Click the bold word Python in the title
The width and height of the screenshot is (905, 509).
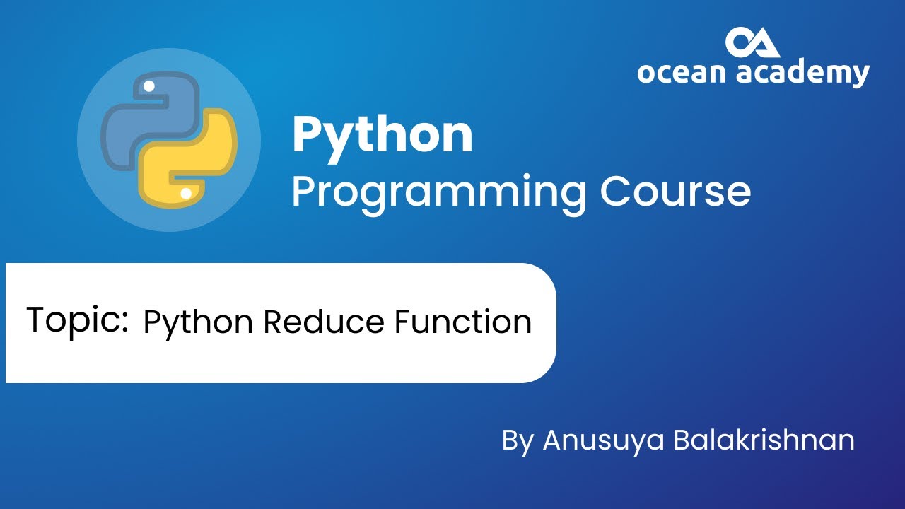(382, 136)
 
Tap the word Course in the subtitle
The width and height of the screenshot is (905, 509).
(675, 191)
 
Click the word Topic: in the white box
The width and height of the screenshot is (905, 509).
(77, 320)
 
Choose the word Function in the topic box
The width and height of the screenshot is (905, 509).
(463, 322)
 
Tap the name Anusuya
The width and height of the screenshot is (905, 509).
(603, 440)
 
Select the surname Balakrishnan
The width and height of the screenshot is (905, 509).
(764, 440)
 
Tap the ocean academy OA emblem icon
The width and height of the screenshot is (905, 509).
(752, 43)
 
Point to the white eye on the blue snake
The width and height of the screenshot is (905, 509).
(148, 87)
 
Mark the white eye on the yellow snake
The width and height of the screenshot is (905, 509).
(185, 192)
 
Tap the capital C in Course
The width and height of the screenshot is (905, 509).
(616, 191)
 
